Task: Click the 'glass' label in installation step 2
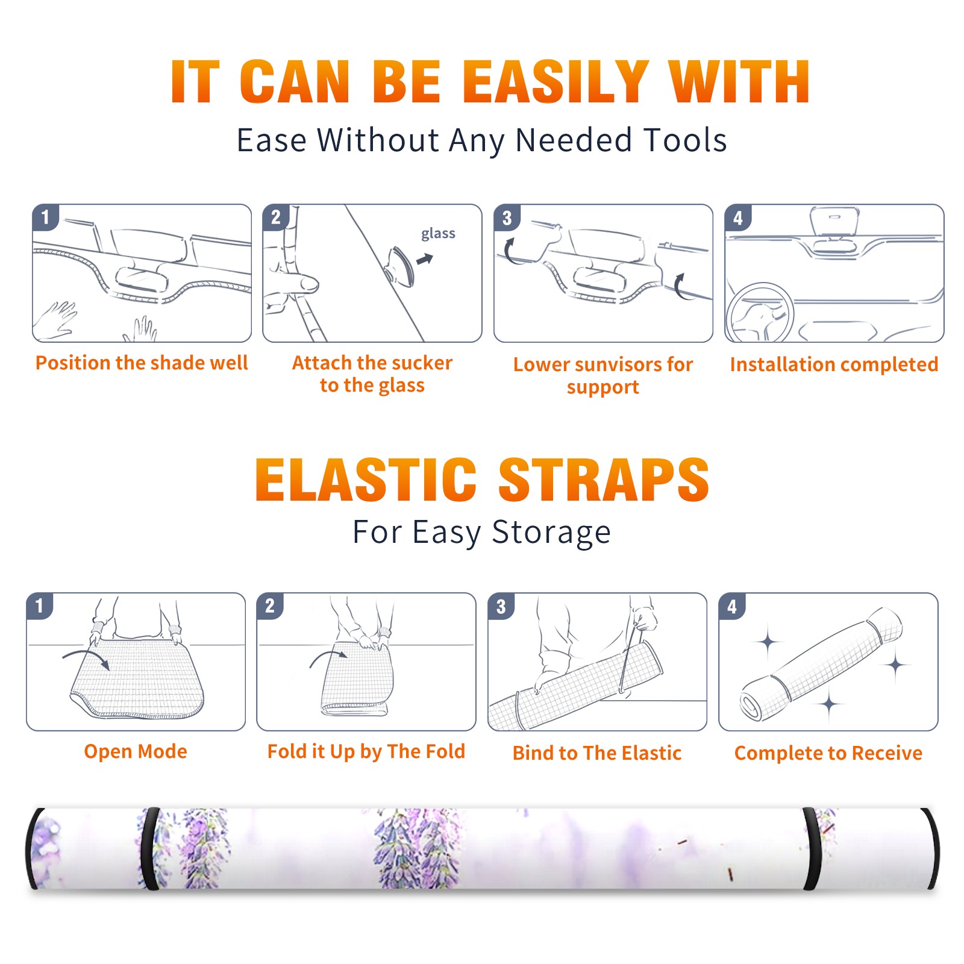(438, 234)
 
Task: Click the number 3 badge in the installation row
(507, 218)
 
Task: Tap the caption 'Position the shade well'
(142, 363)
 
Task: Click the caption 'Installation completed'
(834, 364)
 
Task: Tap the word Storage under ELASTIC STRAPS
(551, 533)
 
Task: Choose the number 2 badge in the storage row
(270, 606)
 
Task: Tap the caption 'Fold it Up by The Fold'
(366, 751)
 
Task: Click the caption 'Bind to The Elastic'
(597, 753)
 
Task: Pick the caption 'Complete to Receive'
(828, 753)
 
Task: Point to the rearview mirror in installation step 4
(834, 223)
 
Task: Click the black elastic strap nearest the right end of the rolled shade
(812, 848)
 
